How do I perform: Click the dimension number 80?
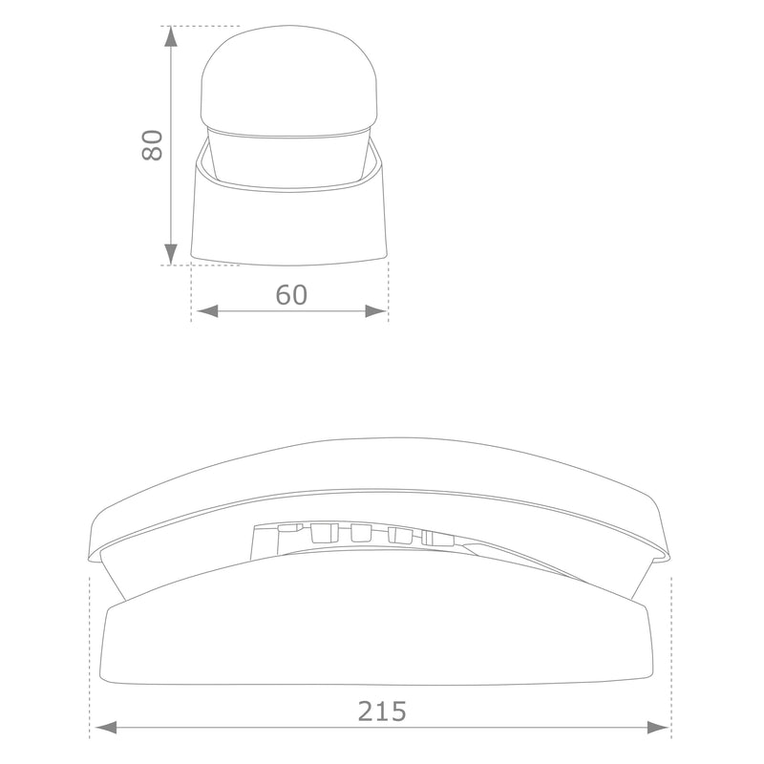[152, 145]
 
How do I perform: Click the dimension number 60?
[291, 295]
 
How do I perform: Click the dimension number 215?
[382, 711]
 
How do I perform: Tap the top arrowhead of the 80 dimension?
[170, 37]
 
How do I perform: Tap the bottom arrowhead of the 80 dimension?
[170, 254]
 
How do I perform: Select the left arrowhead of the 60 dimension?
[207, 311]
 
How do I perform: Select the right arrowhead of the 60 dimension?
[376, 311]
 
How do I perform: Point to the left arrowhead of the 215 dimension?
[106, 728]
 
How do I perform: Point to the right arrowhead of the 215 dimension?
[658, 728]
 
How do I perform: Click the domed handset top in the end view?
[289, 80]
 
